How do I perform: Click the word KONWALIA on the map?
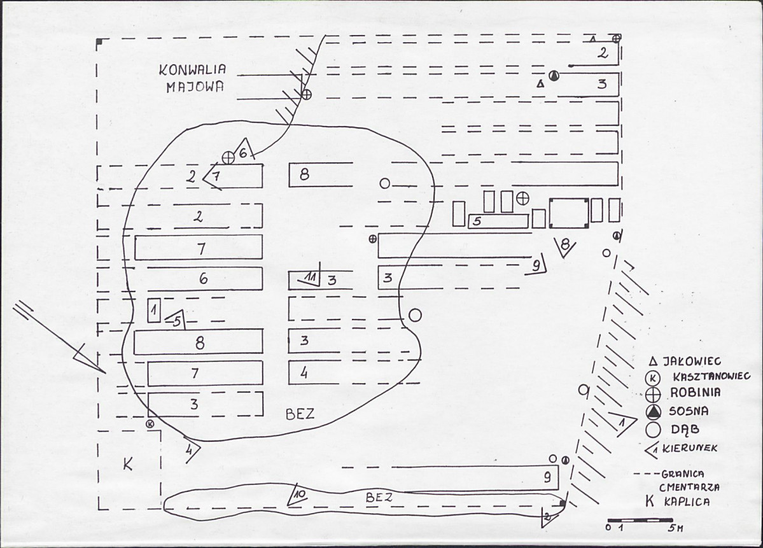pyautogui.click(x=193, y=69)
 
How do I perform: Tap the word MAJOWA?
pyautogui.click(x=195, y=87)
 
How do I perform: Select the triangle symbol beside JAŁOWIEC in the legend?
pyautogui.click(x=654, y=361)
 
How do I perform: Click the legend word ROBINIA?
pyautogui.click(x=695, y=392)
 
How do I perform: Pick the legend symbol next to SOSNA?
pyautogui.click(x=654, y=412)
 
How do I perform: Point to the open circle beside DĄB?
pyautogui.click(x=654, y=430)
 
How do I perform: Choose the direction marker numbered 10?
pyautogui.click(x=297, y=495)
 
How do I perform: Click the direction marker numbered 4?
pyautogui.click(x=192, y=449)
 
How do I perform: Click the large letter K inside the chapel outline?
pyautogui.click(x=127, y=464)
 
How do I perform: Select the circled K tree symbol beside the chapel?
pyautogui.click(x=151, y=423)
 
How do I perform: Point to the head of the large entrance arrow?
pyautogui.click(x=105, y=373)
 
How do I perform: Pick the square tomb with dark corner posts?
pyautogui.click(x=569, y=213)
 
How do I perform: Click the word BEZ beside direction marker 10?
pyautogui.click(x=379, y=497)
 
